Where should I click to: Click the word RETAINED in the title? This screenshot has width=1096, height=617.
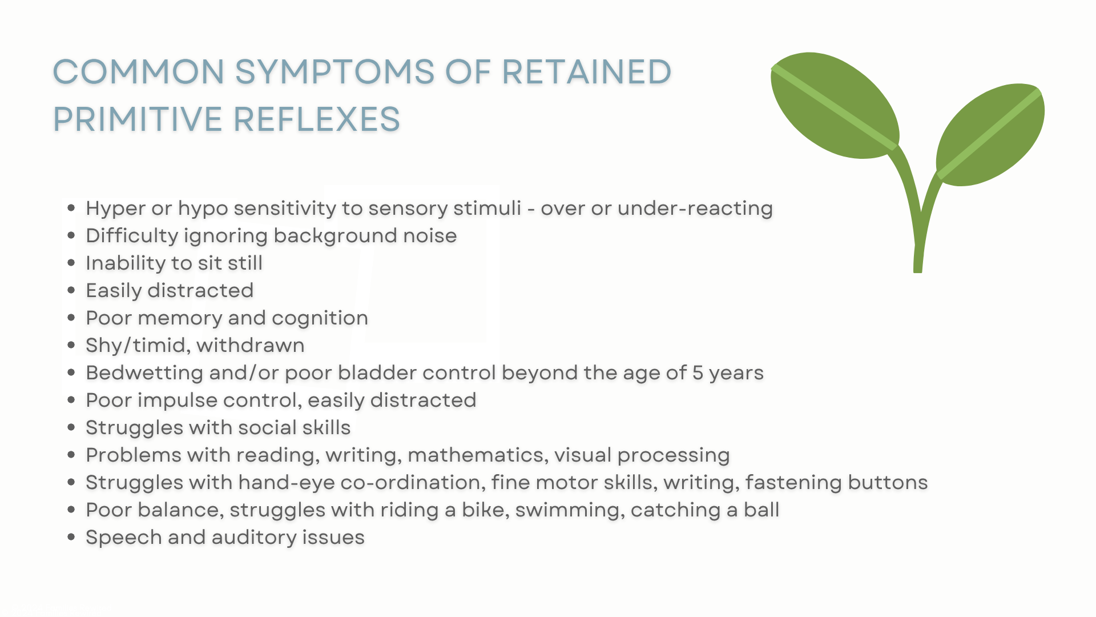point(586,72)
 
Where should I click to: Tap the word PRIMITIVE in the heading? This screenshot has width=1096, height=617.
point(138,119)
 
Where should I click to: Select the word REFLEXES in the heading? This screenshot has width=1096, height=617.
point(317,119)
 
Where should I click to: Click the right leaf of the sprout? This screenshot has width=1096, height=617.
point(990,134)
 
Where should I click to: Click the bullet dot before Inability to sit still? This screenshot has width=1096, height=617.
point(71,263)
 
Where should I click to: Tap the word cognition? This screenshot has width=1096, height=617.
point(320,318)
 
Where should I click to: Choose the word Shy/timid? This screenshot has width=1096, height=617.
point(137,346)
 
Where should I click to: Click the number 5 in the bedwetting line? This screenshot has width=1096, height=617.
point(698,373)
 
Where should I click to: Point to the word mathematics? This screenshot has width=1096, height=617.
point(477,456)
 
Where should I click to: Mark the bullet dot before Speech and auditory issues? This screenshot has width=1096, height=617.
point(71,537)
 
